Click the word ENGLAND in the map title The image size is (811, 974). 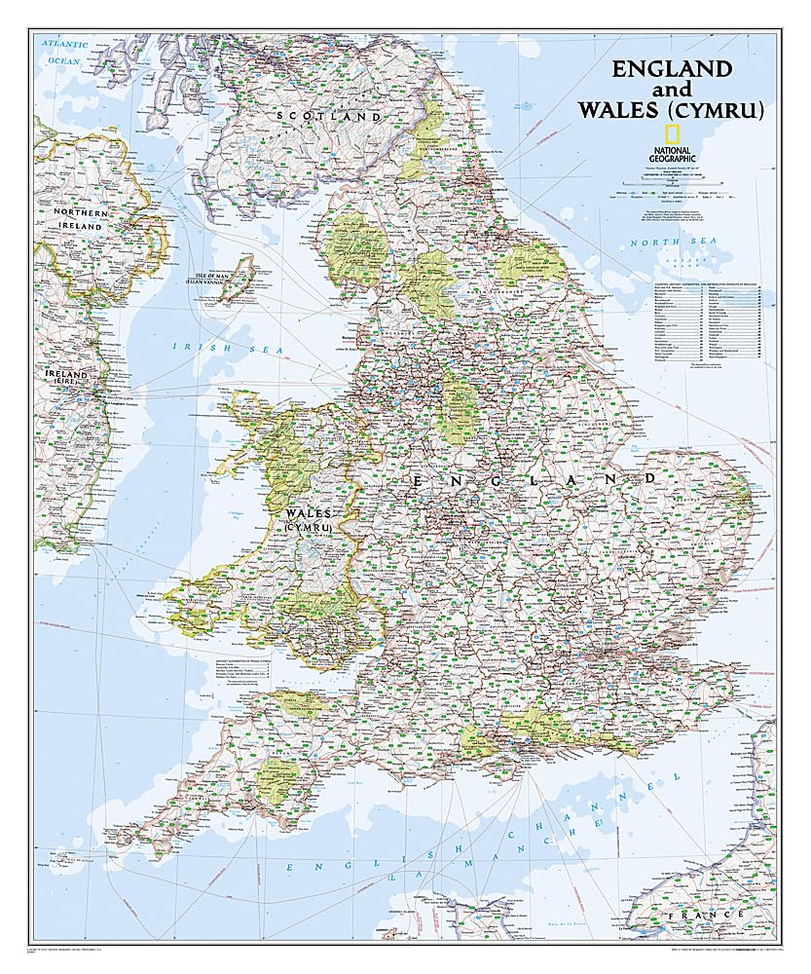[x=671, y=69]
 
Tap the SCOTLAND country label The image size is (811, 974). [x=329, y=116]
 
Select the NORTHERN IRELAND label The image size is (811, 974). [x=79, y=219]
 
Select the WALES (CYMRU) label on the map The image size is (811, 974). [x=309, y=519]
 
